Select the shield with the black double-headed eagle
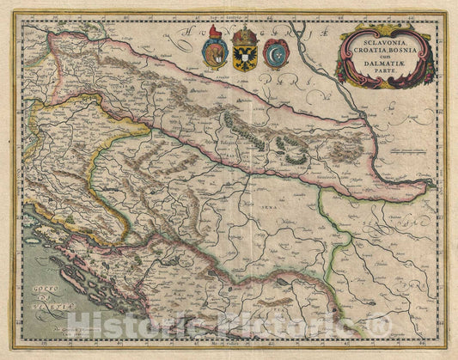click(245, 57)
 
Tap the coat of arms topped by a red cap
click(215, 53)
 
